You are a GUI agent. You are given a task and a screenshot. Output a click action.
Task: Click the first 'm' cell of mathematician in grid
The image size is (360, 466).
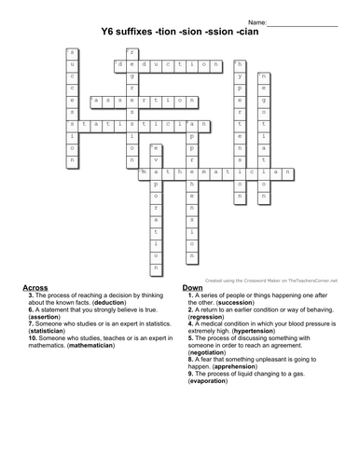point(144,172)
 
